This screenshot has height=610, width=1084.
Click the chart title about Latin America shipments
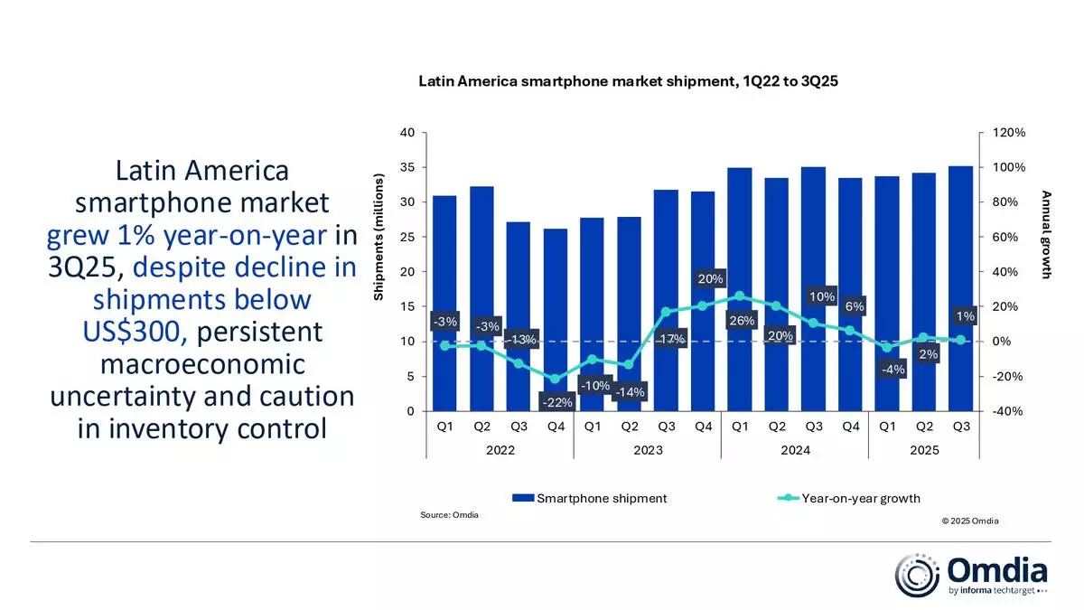(629, 81)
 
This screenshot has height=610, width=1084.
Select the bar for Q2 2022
(482, 298)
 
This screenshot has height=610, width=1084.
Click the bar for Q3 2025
(961, 288)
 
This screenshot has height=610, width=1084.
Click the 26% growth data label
(741, 321)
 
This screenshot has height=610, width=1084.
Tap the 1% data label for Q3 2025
(964, 316)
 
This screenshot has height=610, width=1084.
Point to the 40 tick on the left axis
(406, 133)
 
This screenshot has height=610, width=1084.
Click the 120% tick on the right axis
(1009, 133)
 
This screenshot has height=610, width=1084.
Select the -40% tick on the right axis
(1009, 411)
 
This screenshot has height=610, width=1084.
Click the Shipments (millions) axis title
(379, 239)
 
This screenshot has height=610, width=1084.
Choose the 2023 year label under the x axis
(647, 450)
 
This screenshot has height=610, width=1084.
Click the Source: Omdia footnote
(449, 515)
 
